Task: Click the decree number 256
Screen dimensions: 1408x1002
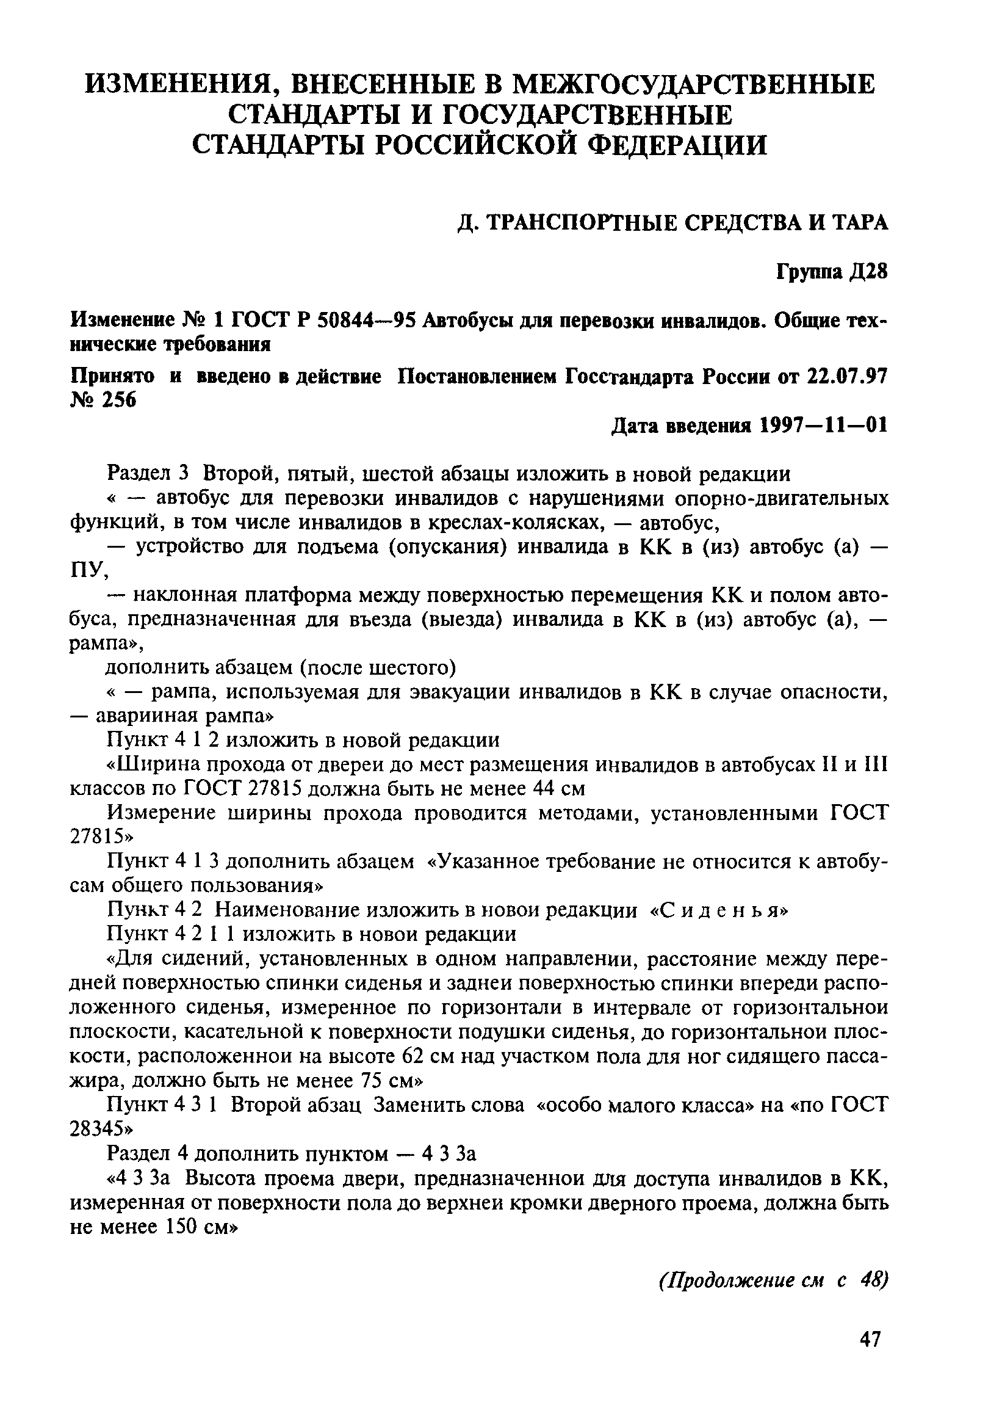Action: (115, 401)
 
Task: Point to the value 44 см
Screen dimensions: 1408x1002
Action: (560, 789)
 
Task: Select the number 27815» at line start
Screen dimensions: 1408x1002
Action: (101, 838)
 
